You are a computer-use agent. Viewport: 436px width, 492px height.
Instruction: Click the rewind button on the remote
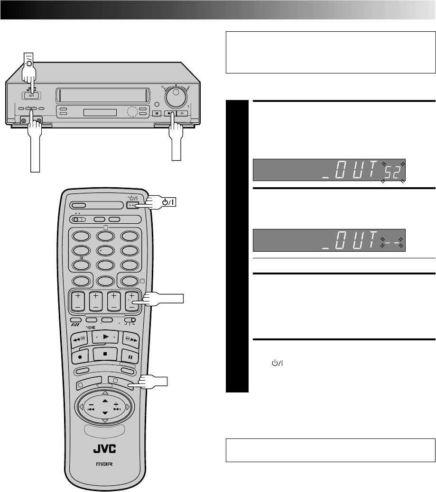[x=79, y=339]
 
